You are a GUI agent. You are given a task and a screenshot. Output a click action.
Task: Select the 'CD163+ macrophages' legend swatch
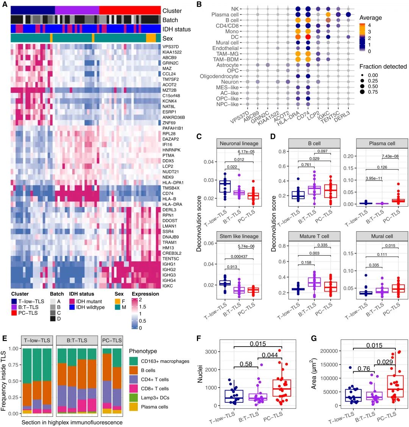click(133, 361)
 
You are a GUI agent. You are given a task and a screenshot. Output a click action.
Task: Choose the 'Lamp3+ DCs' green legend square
click(133, 398)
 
